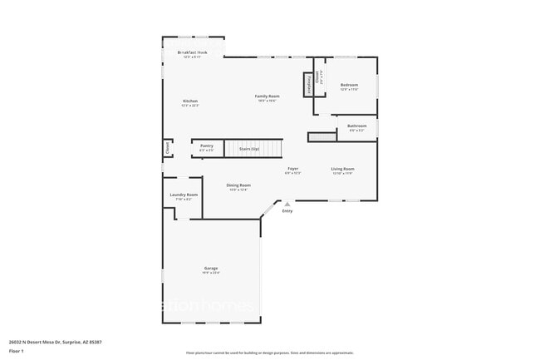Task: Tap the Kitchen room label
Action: pos(190,102)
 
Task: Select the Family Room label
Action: pos(267,97)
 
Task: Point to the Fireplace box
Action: pos(309,83)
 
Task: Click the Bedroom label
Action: pos(349,86)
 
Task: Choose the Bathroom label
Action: pos(357,127)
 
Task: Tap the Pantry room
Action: pos(207,147)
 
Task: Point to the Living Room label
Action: pos(342,170)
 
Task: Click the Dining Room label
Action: pos(239,186)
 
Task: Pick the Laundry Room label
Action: pos(184,196)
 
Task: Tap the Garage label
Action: pos(211,269)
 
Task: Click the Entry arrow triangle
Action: pos(287,204)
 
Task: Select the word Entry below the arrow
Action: pos(287,211)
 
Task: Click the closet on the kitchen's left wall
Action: pos(167,149)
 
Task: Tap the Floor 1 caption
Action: pos(17,349)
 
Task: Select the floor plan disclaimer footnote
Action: pos(270,353)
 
